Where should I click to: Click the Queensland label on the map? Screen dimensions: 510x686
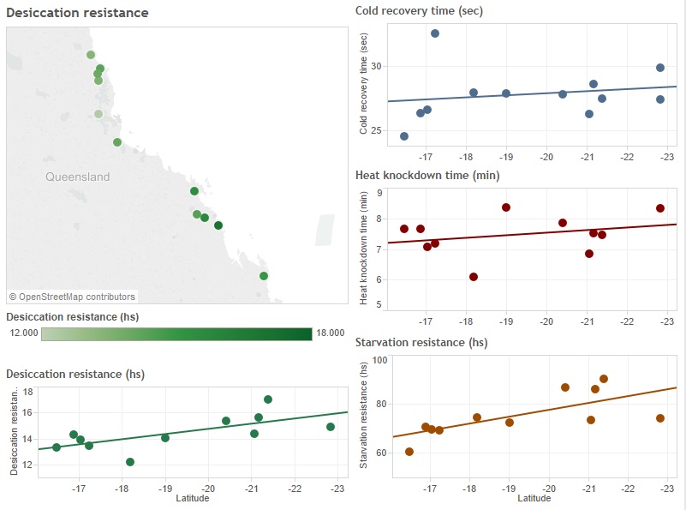[78, 177]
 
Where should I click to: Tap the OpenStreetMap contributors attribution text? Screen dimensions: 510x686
[72, 297]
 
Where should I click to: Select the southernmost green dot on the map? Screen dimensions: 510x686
[264, 276]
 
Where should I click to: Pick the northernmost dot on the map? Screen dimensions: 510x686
[91, 55]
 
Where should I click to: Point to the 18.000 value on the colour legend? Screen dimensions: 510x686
[331, 333]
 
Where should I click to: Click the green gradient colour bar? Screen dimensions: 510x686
[176, 334]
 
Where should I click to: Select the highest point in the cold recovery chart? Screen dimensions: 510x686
[435, 33]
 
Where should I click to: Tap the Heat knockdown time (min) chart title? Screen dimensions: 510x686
[427, 176]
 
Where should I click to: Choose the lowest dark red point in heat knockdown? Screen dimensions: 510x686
[474, 277]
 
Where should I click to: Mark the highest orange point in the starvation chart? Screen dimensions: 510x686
[604, 379]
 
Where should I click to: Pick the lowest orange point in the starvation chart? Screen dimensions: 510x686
[409, 452]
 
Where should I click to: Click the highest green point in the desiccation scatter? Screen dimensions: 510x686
[268, 399]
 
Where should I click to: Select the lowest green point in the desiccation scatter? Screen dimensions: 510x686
[130, 462]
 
